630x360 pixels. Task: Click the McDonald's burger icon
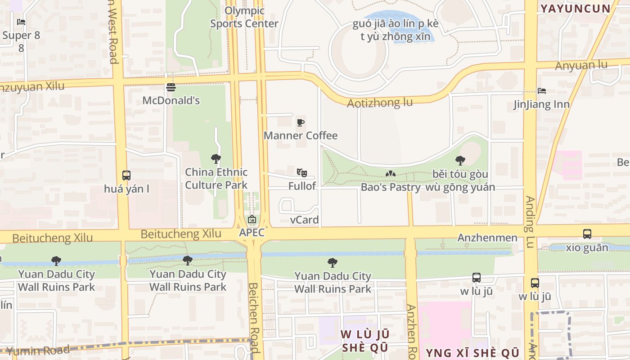(x=171, y=87)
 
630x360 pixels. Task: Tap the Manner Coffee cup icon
(x=301, y=122)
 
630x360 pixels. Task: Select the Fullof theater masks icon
(x=301, y=172)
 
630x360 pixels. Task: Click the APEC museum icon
(x=252, y=220)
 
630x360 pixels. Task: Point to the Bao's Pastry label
(x=391, y=187)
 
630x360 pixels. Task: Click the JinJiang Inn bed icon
(x=542, y=91)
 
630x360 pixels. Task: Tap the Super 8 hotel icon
(x=21, y=22)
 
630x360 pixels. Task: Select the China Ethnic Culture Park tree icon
(x=216, y=158)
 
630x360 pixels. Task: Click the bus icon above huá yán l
(x=126, y=175)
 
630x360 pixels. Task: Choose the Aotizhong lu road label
(x=379, y=103)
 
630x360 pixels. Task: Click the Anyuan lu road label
(x=581, y=66)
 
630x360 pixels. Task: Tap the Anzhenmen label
(x=487, y=238)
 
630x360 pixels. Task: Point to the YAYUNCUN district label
(x=575, y=9)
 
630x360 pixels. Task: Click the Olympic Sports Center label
(x=244, y=17)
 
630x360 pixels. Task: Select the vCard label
(x=304, y=220)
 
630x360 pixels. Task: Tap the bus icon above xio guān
(x=587, y=234)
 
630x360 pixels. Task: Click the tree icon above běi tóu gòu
(x=460, y=160)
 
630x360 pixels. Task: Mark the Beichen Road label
(x=254, y=317)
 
